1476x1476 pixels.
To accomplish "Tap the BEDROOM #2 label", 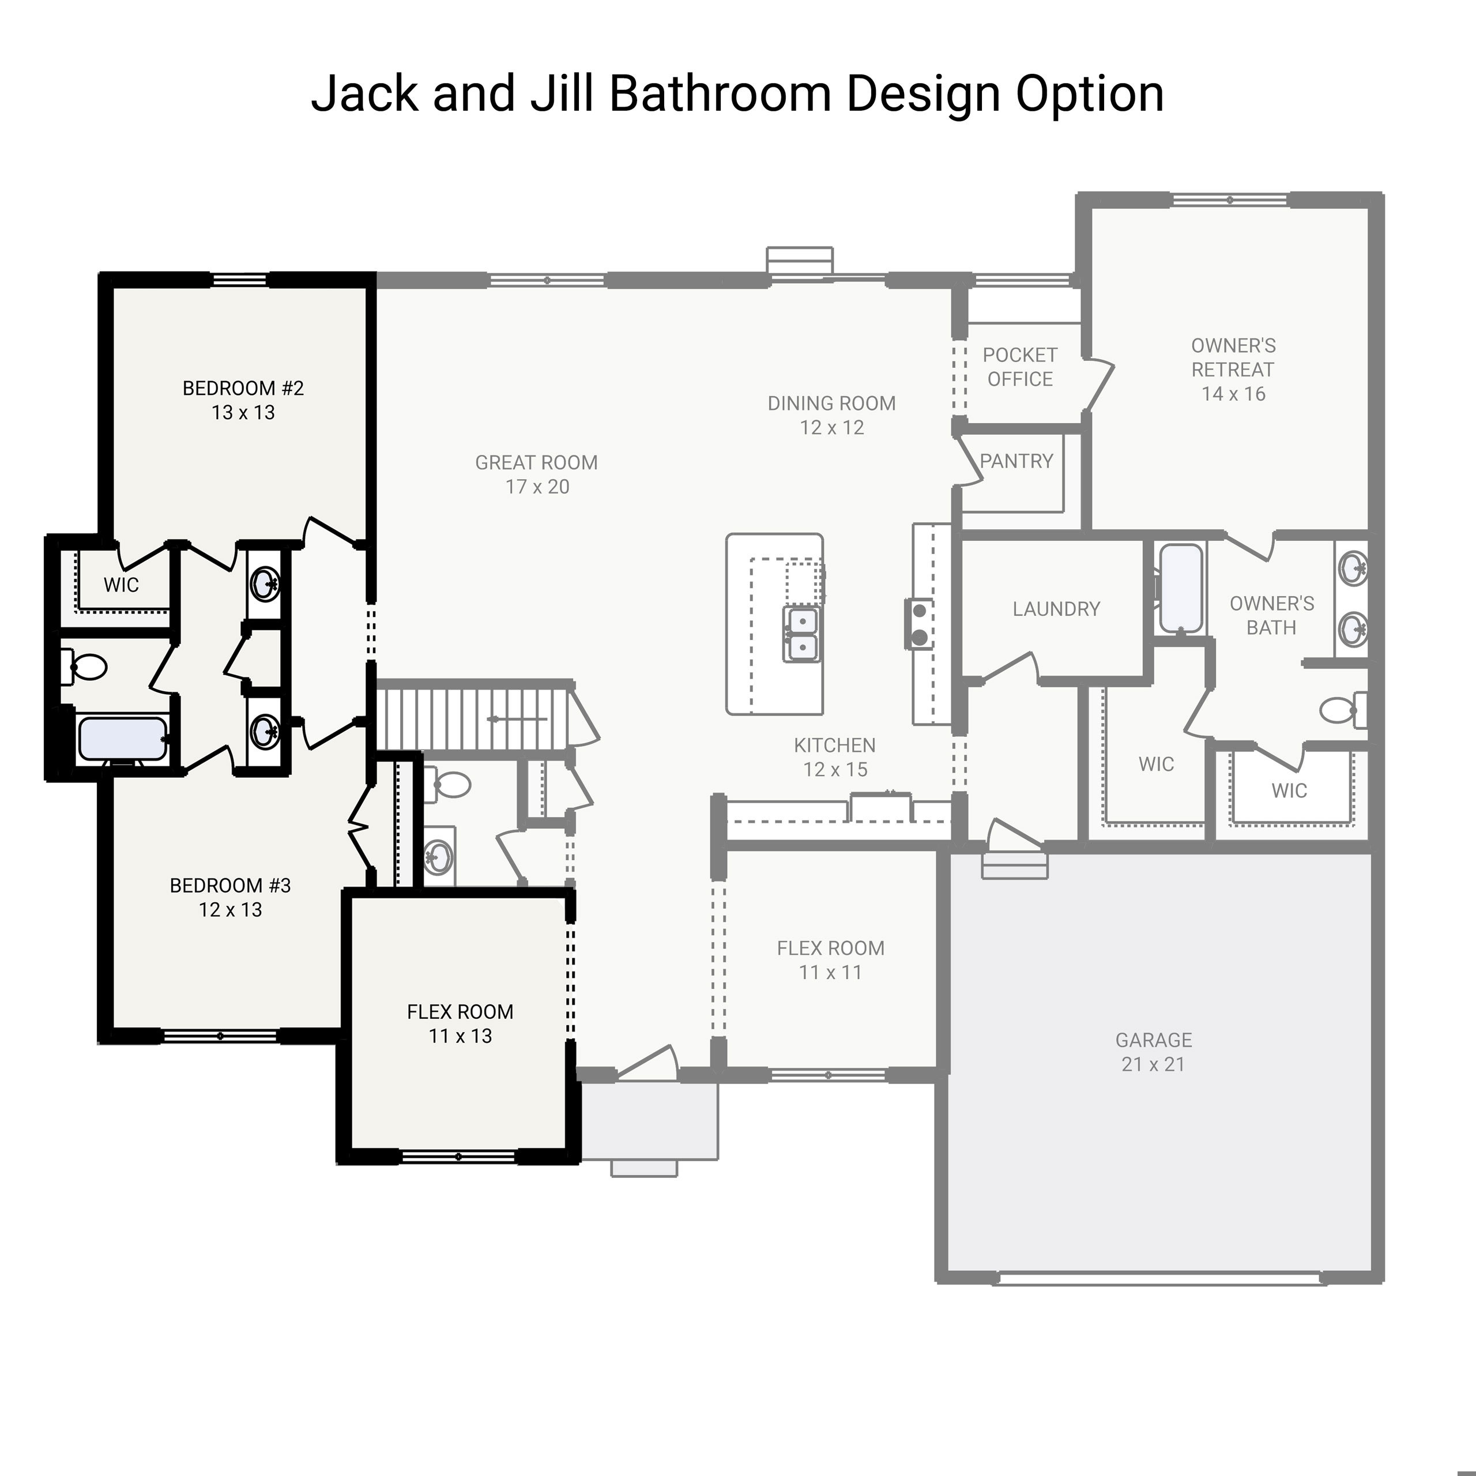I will click(243, 400).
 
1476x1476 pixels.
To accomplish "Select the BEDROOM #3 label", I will click(230, 897).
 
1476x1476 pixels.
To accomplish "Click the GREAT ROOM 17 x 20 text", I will click(536, 474).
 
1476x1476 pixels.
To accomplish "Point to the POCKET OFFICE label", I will click(1019, 367).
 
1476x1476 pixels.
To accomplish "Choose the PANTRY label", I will click(1016, 461).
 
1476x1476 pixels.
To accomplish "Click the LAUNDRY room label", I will click(1056, 609).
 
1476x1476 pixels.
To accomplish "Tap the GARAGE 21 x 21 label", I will click(1153, 1051).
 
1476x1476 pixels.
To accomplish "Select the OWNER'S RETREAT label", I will click(1233, 369).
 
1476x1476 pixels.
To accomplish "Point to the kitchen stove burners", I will click(920, 623).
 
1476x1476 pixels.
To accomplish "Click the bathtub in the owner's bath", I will click(1180, 588).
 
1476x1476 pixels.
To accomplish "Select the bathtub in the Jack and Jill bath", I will click(122, 738).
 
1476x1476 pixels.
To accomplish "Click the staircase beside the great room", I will click(474, 718).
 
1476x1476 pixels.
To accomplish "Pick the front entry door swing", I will click(649, 1063).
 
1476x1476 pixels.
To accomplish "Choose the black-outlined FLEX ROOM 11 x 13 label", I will click(460, 1023).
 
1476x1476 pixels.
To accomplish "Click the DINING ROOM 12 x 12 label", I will click(831, 415).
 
